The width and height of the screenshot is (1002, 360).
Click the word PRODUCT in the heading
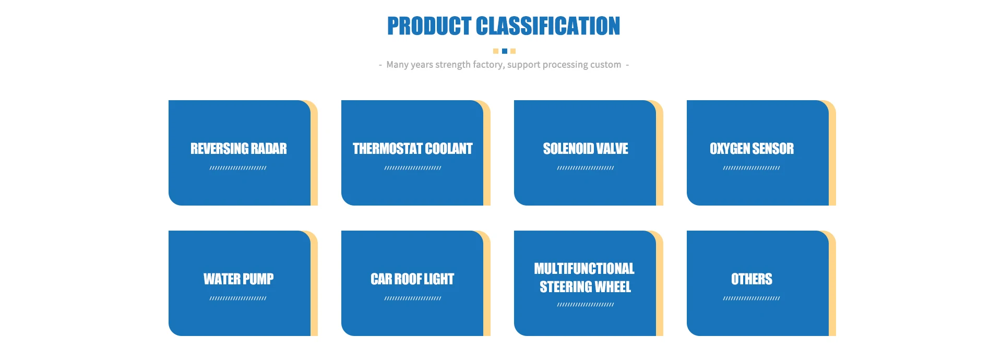pyautogui.click(x=429, y=26)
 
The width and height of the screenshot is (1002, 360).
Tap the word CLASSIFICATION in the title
pyautogui.click(x=548, y=26)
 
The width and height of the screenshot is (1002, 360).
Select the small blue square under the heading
pyautogui.click(x=504, y=51)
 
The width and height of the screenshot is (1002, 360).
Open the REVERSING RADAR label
pyautogui.click(x=238, y=149)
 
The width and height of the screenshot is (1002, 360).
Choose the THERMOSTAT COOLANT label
pyautogui.click(x=412, y=149)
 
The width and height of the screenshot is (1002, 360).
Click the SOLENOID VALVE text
pyautogui.click(x=586, y=149)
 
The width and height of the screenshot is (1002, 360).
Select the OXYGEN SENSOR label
pyautogui.click(x=751, y=149)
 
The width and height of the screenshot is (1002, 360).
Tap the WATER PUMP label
pyautogui.click(x=238, y=279)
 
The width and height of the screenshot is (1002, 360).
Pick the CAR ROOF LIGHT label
pyautogui.click(x=412, y=279)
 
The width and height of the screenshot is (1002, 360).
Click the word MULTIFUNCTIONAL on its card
pyautogui.click(x=584, y=269)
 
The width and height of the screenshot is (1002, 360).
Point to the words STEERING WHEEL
pyautogui.click(x=585, y=287)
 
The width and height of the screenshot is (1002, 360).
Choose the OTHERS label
pyautogui.click(x=751, y=279)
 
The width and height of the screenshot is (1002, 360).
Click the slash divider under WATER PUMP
pyautogui.click(x=238, y=298)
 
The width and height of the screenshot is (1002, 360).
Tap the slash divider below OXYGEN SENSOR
pyautogui.click(x=751, y=168)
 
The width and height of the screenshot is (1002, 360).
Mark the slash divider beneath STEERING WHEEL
pyautogui.click(x=586, y=305)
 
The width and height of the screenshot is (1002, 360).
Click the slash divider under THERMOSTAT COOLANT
pyautogui.click(x=413, y=168)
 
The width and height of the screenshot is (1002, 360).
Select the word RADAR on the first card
pyautogui.click(x=269, y=149)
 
